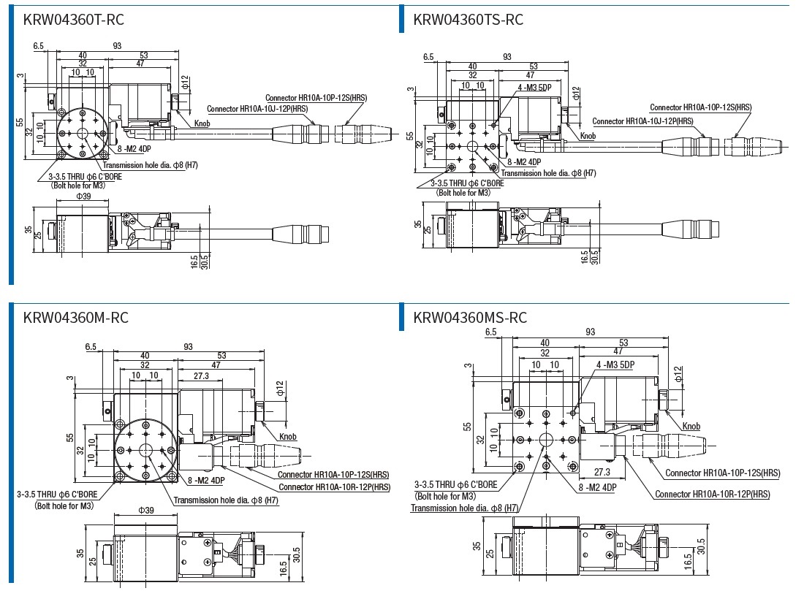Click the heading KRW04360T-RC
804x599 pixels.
[x=74, y=19]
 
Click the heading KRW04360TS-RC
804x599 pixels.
[x=469, y=19]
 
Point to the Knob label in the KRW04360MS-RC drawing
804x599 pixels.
[x=691, y=427]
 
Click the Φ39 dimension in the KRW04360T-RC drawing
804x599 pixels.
[x=84, y=196]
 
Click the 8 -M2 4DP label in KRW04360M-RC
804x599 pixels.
[x=207, y=481]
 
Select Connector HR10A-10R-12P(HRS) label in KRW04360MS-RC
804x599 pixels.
[x=712, y=495]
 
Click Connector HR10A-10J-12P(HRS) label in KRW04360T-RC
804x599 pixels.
[x=257, y=109]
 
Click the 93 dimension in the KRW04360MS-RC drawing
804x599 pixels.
[x=591, y=332]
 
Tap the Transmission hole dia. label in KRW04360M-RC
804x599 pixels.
[x=226, y=500]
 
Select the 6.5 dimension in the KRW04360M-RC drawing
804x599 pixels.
[x=91, y=347]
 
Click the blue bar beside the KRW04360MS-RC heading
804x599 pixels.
[x=401, y=316]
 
